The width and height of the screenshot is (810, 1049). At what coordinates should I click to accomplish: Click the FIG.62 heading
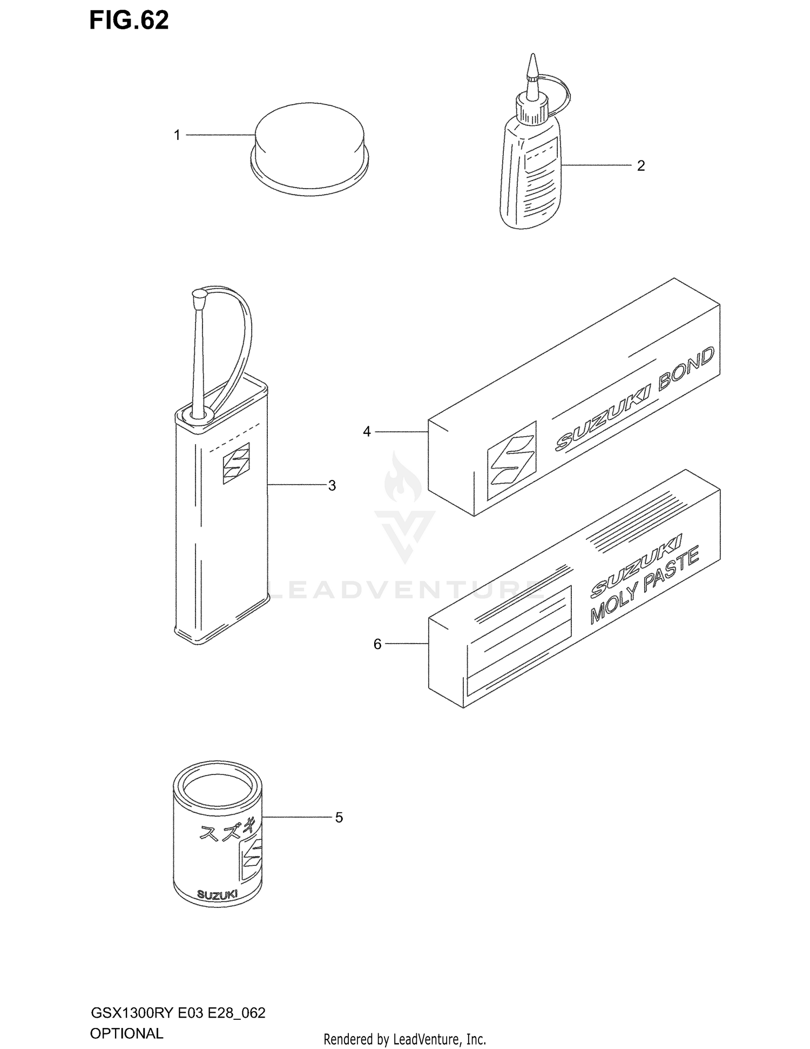[129, 21]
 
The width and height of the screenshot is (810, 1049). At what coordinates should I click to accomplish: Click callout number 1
[177, 135]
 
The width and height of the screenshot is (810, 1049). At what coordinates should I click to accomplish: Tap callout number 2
[641, 165]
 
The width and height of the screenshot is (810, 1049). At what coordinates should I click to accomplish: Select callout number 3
[332, 485]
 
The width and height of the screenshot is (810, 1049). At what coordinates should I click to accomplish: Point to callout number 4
[367, 432]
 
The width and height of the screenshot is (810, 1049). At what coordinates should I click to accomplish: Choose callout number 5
[339, 817]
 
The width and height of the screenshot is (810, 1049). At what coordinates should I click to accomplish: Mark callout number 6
[377, 644]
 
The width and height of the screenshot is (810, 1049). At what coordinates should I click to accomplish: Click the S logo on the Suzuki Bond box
[511, 460]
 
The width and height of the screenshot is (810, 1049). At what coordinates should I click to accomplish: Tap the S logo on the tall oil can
[237, 463]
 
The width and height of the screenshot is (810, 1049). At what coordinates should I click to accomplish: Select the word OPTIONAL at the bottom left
[126, 1033]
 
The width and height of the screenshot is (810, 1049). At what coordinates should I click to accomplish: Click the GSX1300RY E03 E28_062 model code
[178, 1013]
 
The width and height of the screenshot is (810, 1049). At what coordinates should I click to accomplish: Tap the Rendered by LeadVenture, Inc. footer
[405, 1039]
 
